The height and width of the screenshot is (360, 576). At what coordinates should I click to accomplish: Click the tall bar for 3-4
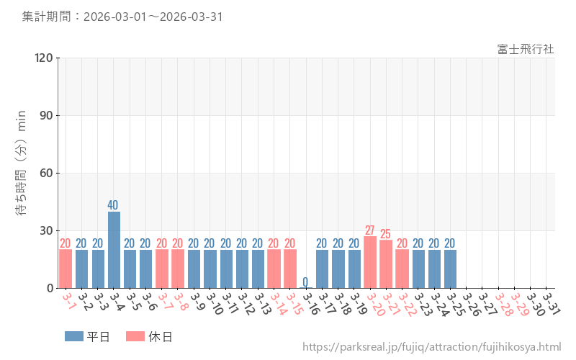[x=114, y=250]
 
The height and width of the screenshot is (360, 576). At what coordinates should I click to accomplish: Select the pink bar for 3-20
[x=370, y=262]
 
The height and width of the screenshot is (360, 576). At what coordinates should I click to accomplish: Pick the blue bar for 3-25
[x=450, y=269]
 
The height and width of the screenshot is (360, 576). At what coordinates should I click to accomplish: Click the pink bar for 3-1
[x=66, y=269]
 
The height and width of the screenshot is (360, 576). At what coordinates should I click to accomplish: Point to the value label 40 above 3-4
[x=114, y=205]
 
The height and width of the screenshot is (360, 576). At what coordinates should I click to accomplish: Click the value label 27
[x=370, y=230]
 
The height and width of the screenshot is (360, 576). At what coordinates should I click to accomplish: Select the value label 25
[x=386, y=234]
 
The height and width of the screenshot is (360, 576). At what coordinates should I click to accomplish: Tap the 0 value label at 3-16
[x=305, y=282]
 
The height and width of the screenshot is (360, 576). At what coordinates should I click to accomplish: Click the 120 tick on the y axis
[x=44, y=58]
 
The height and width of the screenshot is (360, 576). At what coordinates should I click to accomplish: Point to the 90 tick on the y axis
[x=47, y=115]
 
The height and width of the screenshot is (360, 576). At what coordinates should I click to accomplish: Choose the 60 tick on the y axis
[x=47, y=173]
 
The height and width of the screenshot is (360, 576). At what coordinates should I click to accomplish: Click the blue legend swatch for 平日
[x=74, y=336]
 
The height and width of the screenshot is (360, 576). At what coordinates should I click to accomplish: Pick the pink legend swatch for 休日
[x=135, y=336]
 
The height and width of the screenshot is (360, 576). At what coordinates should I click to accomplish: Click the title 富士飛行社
[x=525, y=49]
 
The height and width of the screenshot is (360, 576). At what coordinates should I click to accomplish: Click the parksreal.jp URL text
[x=431, y=347]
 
